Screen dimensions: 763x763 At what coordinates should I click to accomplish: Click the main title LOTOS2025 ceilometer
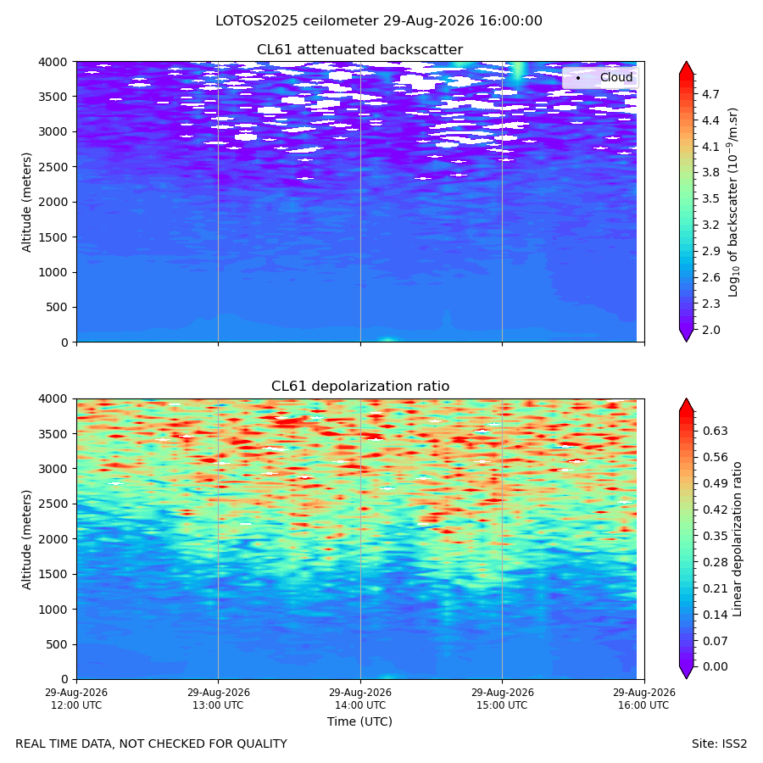point(297,21)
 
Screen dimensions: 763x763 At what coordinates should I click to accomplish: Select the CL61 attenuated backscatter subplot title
point(359,50)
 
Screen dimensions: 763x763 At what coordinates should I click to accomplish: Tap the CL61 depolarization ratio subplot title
point(360,386)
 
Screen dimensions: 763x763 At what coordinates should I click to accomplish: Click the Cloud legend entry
point(616,77)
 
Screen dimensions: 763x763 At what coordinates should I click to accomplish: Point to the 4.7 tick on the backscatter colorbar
point(710,94)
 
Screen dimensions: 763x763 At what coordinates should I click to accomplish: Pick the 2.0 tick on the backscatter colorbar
point(710,330)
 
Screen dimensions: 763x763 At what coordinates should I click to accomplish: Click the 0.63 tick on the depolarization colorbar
point(716,431)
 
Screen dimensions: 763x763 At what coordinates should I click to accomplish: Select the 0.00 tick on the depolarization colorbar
point(716,666)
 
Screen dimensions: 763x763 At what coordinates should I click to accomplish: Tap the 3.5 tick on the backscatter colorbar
point(710,198)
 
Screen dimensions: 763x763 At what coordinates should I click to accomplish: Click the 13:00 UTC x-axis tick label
point(218,699)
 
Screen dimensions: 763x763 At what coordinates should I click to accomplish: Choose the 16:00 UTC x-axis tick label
point(643,699)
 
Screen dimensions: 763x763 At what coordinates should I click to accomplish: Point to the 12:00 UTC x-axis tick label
point(76,699)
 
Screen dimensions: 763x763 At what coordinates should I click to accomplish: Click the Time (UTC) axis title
point(359,721)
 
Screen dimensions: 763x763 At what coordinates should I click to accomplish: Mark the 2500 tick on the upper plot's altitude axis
point(53,167)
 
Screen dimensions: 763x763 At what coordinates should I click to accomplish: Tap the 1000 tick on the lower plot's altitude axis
point(53,610)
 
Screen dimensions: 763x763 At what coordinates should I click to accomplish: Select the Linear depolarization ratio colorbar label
point(737,539)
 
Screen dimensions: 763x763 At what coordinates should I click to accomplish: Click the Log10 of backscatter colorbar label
point(733,202)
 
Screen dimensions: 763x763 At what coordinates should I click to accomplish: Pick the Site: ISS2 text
point(719,744)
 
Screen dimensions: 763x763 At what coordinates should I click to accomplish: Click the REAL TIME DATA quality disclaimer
point(152,744)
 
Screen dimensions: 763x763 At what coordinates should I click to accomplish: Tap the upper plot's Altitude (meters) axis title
point(26,202)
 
